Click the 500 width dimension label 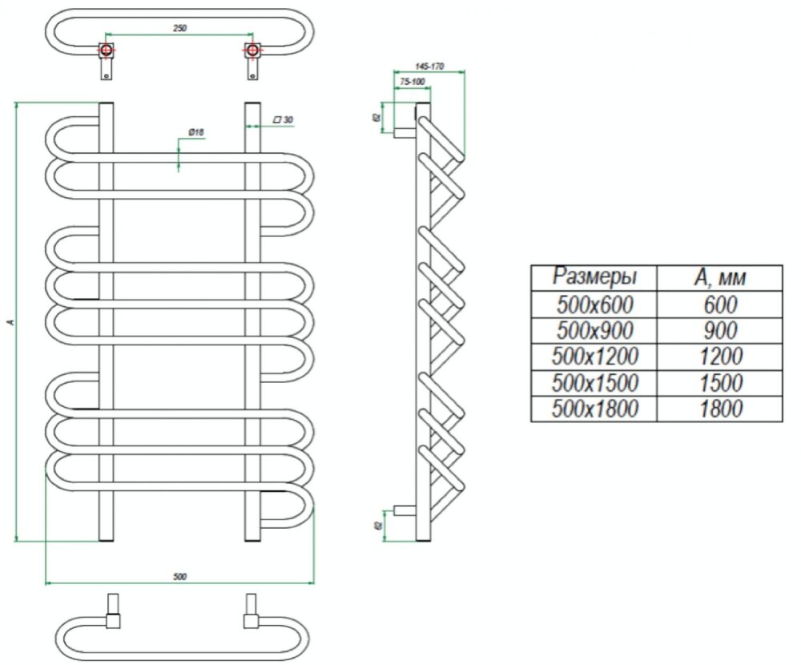coord(179,576)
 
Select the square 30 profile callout coord(283,119)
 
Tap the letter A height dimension coord(10,322)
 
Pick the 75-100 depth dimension coord(412,82)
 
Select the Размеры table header coord(594,277)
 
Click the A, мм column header coord(719,277)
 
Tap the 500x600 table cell coord(594,304)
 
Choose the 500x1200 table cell coord(594,356)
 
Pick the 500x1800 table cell coord(594,409)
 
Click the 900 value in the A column coord(719,330)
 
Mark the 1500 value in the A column coord(719,382)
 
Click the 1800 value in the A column coord(719,409)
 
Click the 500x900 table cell coord(594,330)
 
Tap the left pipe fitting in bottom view coord(112,613)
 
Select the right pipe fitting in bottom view coord(252,613)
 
